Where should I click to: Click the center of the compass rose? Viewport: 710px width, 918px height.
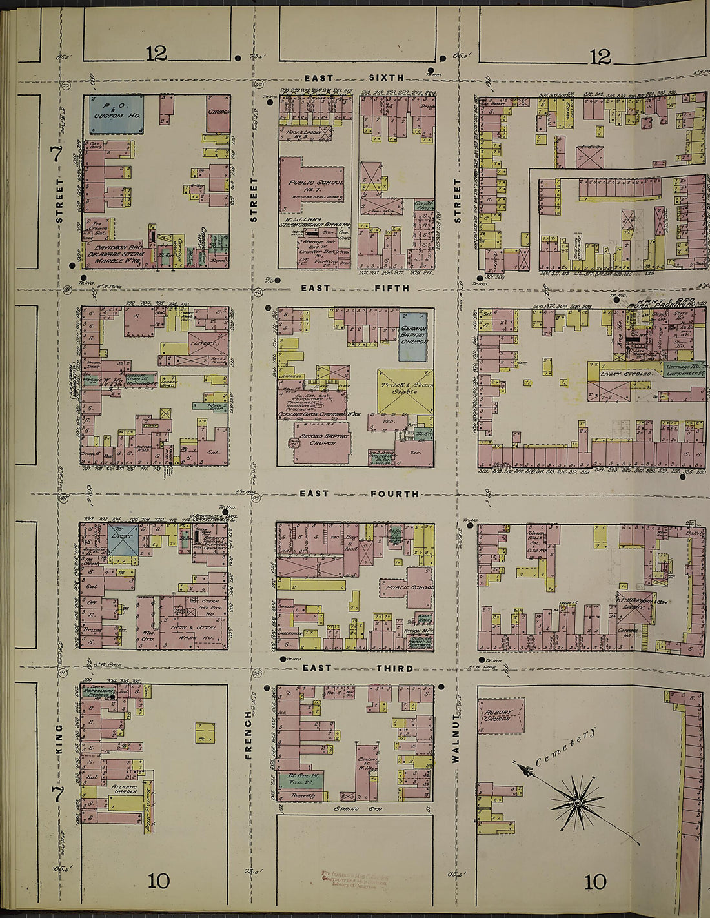[x=578, y=802]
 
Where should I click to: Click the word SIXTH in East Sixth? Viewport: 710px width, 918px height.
[x=386, y=78]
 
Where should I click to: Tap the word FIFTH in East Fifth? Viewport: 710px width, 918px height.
[x=392, y=288]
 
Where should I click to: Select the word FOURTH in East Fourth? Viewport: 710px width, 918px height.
[x=394, y=494]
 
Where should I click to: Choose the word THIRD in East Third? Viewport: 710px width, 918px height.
[x=396, y=668]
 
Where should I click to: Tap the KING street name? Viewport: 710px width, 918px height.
[x=59, y=735]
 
